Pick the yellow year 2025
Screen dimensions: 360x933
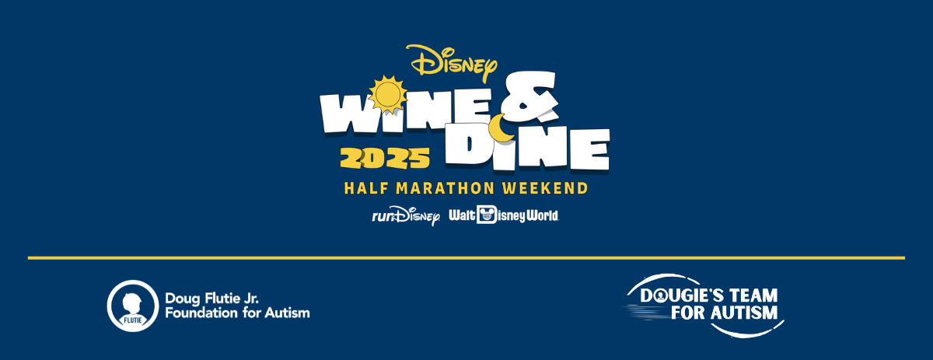(x=385, y=159)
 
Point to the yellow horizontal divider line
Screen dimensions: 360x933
(x=466, y=257)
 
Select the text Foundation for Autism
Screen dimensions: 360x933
(x=237, y=313)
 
